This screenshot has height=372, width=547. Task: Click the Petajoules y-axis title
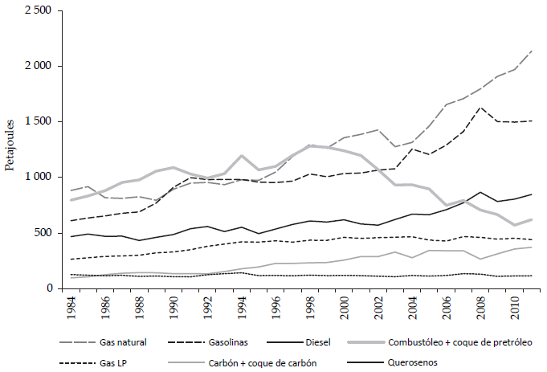pos(10,149)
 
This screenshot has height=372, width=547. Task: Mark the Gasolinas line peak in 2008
pos(480,108)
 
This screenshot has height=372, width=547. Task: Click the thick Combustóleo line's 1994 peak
pos(240,156)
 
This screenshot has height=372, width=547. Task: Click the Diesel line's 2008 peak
pos(480,192)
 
